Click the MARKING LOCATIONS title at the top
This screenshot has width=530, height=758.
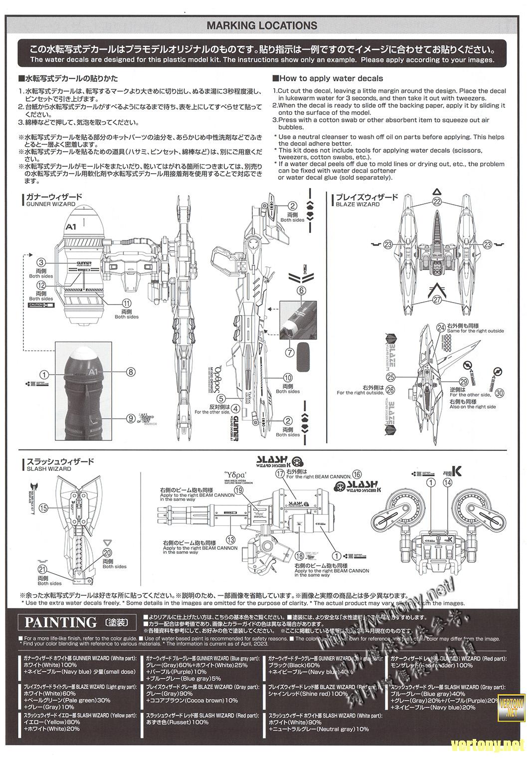[x=262, y=25]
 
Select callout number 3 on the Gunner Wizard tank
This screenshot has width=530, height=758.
[x=41, y=262]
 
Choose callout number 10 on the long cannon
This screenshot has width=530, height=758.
[x=288, y=378]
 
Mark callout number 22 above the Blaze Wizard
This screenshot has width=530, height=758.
[x=437, y=202]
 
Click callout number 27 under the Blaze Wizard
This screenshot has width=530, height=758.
[x=437, y=300]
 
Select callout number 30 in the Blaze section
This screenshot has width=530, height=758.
[x=500, y=393]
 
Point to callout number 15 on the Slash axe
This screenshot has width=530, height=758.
[x=43, y=508]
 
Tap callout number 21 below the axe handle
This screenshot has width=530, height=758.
[x=42, y=570]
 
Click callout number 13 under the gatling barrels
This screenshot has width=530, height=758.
[x=230, y=539]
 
